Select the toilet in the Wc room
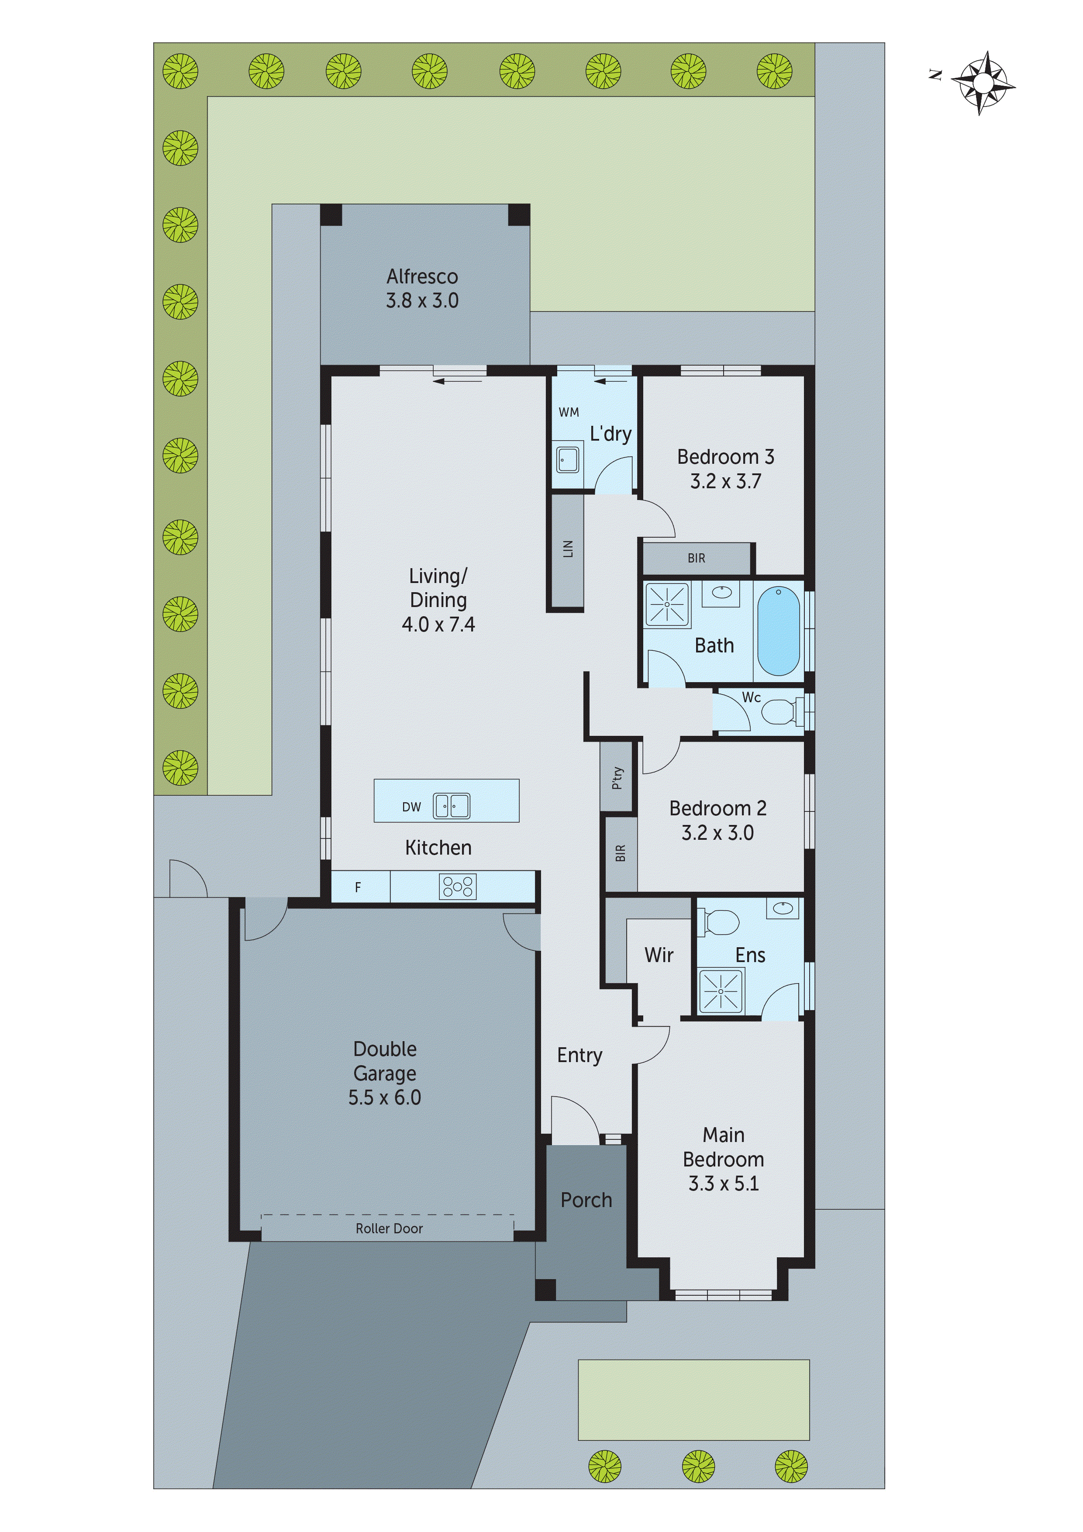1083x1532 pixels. (778, 711)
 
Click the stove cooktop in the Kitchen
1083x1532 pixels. (458, 887)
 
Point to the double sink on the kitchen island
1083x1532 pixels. (452, 806)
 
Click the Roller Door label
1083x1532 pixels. (389, 1228)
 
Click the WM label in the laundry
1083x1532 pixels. (569, 412)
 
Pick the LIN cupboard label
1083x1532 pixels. (568, 549)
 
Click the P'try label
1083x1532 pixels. (617, 777)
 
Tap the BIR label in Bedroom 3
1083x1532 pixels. (696, 558)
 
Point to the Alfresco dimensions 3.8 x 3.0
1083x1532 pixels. (422, 301)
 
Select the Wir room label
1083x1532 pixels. (659, 955)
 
